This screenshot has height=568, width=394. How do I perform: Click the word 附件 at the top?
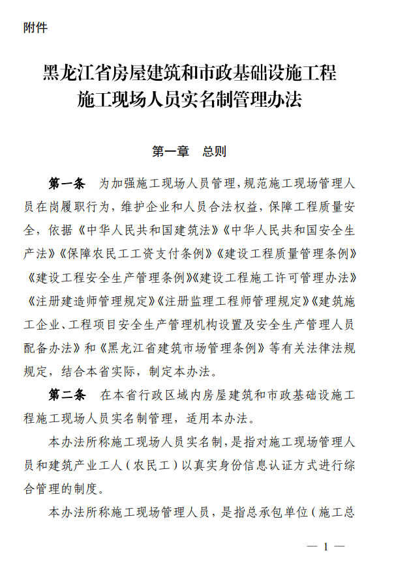[35, 28]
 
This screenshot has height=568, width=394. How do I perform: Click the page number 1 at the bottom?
[326, 546]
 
